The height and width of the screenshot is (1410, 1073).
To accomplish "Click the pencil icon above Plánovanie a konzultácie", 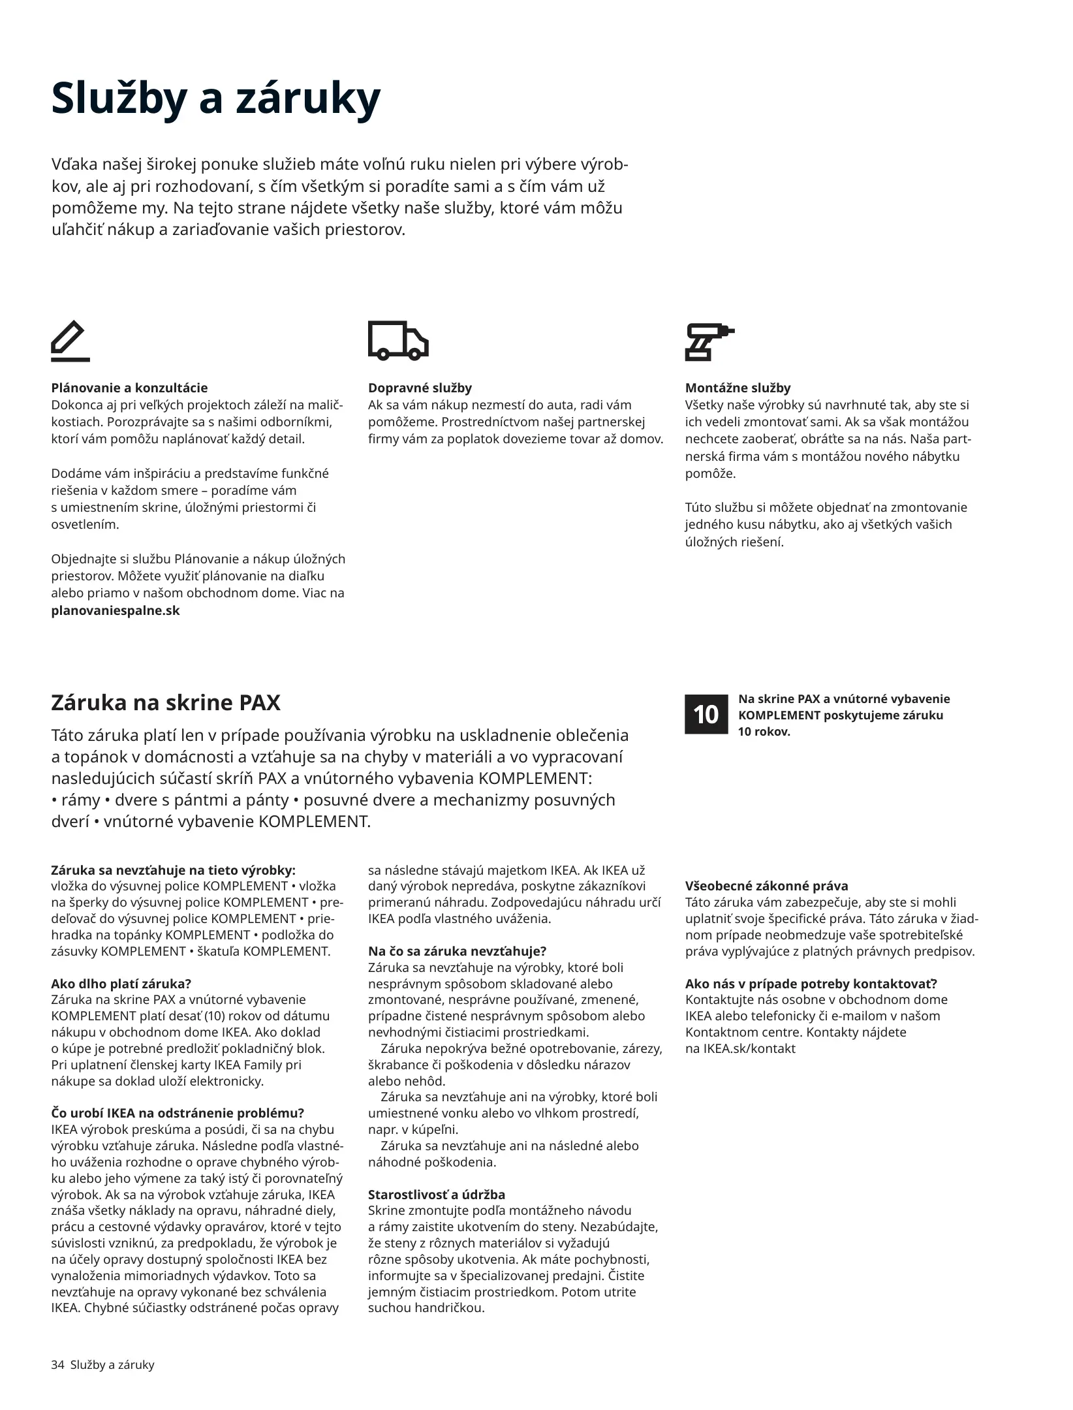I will pyautogui.click(x=70, y=341).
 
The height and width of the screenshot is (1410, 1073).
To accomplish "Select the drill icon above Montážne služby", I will pyautogui.click(x=709, y=341).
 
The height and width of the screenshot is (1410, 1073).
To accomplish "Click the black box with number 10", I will pyautogui.click(x=706, y=714).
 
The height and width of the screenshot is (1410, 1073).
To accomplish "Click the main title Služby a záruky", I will pyautogui.click(x=215, y=98).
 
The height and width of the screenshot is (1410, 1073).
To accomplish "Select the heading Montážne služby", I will pyautogui.click(x=738, y=388).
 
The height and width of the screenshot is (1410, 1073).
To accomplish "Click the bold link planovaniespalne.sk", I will pyautogui.click(x=116, y=610).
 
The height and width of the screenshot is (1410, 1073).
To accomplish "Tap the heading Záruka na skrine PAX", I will pyautogui.click(x=166, y=703).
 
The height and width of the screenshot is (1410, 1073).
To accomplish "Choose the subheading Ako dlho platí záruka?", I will pyautogui.click(x=121, y=984).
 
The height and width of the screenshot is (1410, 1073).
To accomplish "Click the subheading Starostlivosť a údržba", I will pyautogui.click(x=437, y=1195).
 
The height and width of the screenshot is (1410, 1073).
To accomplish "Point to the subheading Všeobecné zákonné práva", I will pyautogui.click(x=766, y=886).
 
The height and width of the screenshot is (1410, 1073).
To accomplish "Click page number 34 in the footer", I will pyautogui.click(x=57, y=1364).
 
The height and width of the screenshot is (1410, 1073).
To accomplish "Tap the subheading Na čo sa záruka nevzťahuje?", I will pyautogui.click(x=457, y=951).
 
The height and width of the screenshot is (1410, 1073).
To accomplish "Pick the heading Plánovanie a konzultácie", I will pyautogui.click(x=129, y=388).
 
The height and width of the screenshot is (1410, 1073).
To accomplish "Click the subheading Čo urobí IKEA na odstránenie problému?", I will pyautogui.click(x=178, y=1113).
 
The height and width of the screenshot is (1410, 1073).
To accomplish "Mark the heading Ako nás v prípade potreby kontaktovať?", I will pyautogui.click(x=811, y=984).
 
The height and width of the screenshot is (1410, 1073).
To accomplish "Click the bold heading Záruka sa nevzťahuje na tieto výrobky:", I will pyautogui.click(x=173, y=870).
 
